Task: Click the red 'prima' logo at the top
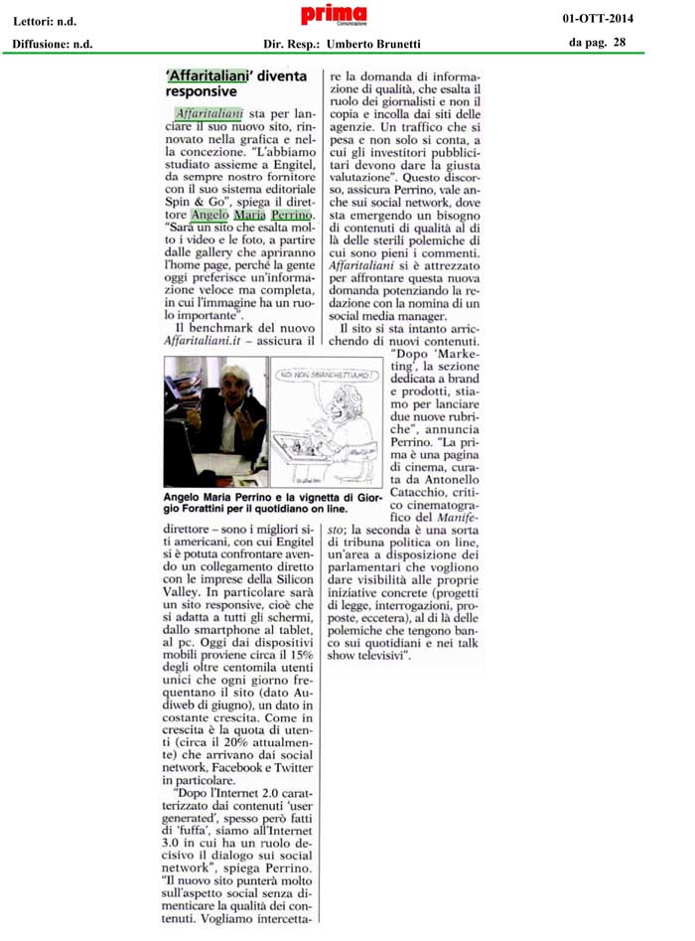coord(334,15)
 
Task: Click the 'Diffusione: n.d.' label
coord(53,44)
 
